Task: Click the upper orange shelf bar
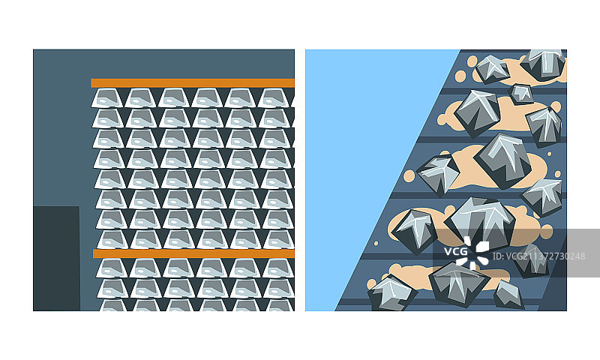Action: pos(193,83)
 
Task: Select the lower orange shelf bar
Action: pos(193,253)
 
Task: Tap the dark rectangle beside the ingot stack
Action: pos(57,259)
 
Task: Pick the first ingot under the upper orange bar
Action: pos(107,98)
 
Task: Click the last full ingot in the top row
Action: pos(273,98)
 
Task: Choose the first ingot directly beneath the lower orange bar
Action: pos(112,268)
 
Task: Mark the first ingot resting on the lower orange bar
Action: pos(113,239)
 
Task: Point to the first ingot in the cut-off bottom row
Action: pos(114,305)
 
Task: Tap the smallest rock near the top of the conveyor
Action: pos(521,94)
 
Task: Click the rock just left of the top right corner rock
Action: pos(492,70)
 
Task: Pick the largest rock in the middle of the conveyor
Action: pos(503,160)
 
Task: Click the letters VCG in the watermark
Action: pos(456,251)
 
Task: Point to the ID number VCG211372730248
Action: pos(538,256)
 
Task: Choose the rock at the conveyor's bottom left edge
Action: pos(391,294)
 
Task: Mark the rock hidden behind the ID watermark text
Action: pos(532,261)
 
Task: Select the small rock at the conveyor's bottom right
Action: pos(509,295)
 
